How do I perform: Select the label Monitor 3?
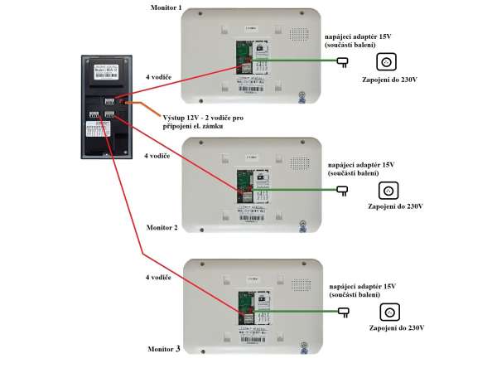tap(164, 349)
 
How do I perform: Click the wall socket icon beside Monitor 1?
tap(386, 62)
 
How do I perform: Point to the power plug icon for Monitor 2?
tap(341, 190)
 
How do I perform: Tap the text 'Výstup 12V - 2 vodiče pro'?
tap(203, 119)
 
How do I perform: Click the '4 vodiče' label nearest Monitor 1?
tap(157, 77)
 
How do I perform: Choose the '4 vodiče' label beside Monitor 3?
tap(157, 278)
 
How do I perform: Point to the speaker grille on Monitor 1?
tap(297, 36)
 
